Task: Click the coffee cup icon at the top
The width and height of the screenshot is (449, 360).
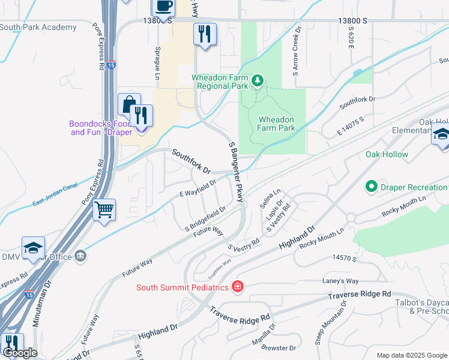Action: pos(163,7)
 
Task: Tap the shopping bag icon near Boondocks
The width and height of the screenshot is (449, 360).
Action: pos(128,104)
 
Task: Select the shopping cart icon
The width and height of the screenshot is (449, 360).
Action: pos(104,210)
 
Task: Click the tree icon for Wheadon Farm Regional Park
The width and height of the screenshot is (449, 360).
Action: pos(257,80)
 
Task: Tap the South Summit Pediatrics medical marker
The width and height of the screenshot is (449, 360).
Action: pos(238,287)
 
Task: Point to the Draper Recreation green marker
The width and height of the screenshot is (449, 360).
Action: pos(370,187)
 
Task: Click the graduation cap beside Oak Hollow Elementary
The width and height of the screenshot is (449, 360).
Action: pos(441,136)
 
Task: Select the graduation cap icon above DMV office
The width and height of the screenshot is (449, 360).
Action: pos(33,248)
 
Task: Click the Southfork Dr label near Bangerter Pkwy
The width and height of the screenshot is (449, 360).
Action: pos(192,161)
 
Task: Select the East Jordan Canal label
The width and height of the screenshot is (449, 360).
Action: pos(55,195)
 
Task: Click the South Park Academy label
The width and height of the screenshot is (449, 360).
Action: pos(38,27)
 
